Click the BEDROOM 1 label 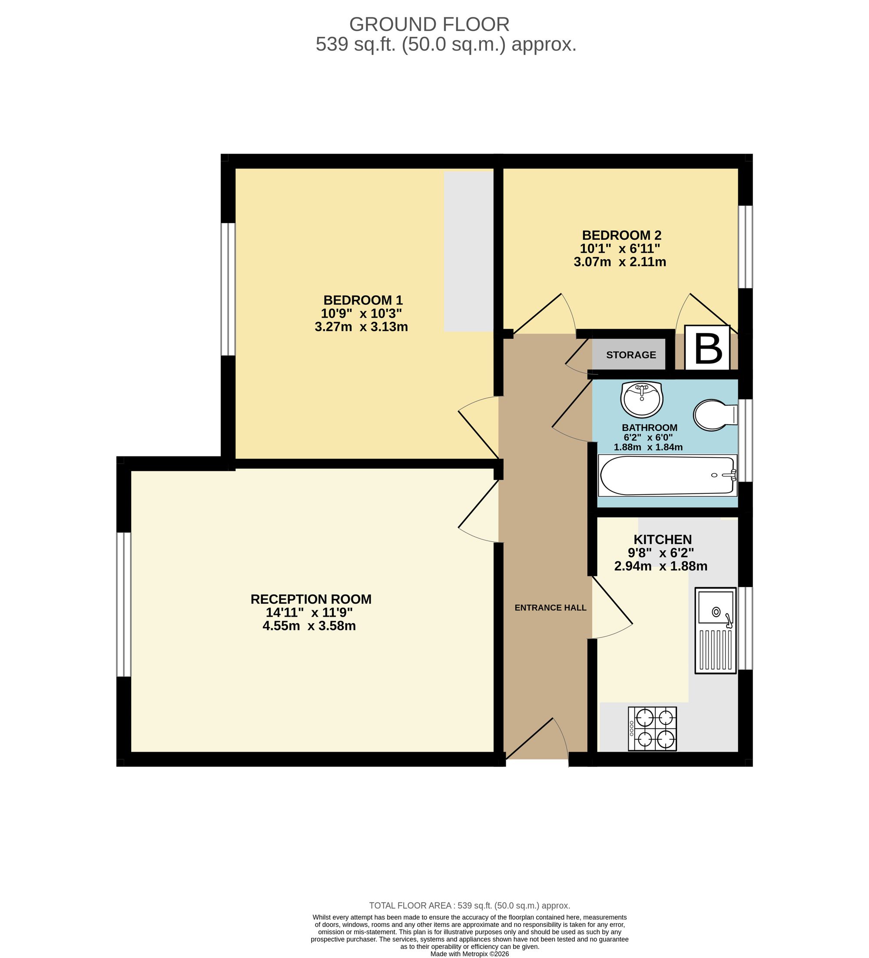(x=363, y=301)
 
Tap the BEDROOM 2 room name (x=621, y=235)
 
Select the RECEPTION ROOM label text (x=311, y=599)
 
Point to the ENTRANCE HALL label (x=551, y=608)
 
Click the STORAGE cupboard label (x=631, y=355)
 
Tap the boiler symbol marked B (x=707, y=348)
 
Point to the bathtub (x=667, y=476)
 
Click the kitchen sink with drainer (x=716, y=631)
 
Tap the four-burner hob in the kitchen (x=652, y=729)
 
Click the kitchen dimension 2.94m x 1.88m (x=661, y=566)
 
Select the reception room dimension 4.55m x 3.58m (x=309, y=626)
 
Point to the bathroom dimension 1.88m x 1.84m (x=648, y=447)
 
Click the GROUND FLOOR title (x=429, y=24)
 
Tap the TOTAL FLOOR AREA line (x=470, y=906)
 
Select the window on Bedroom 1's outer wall (x=229, y=289)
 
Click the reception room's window (x=123, y=605)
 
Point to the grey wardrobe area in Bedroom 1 (x=469, y=251)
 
